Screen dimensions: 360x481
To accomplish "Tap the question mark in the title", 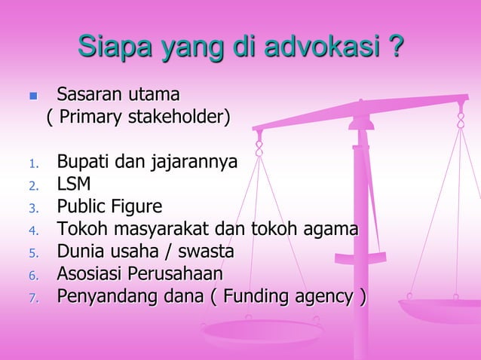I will click(x=394, y=47).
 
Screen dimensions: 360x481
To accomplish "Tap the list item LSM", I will click(x=74, y=184).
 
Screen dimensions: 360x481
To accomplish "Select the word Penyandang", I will click(x=101, y=295).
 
